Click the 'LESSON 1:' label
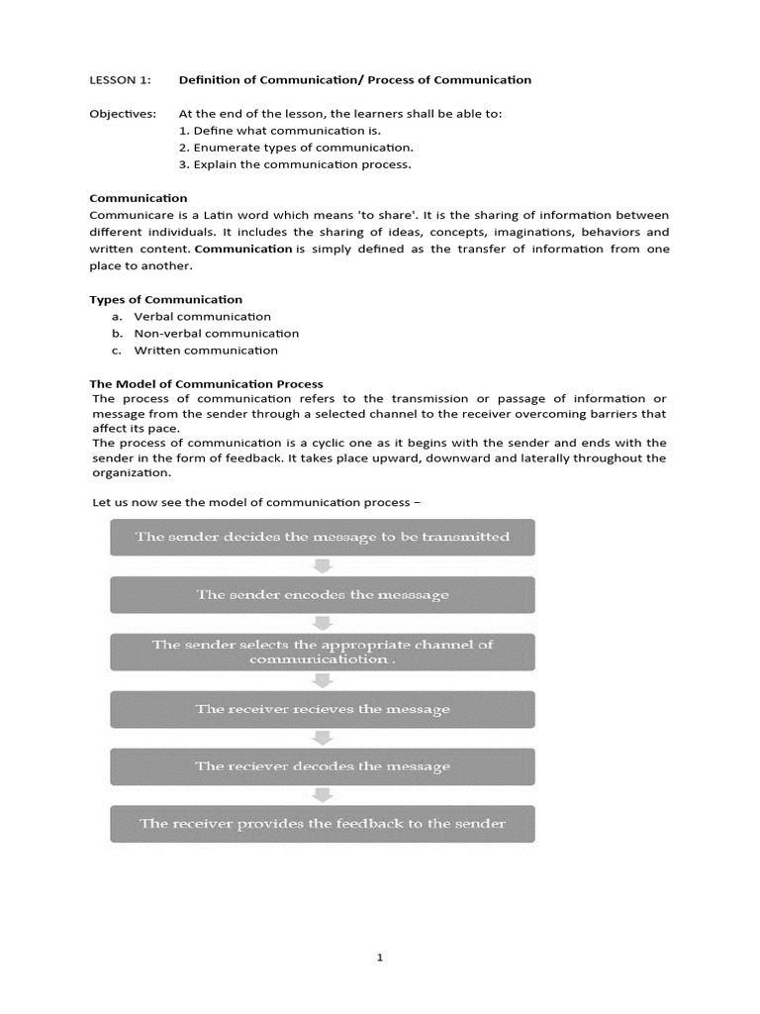coord(117,80)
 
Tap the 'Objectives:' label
coord(123,114)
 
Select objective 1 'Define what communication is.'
coord(280,131)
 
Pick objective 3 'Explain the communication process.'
coord(295,164)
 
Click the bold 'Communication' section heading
coord(138,198)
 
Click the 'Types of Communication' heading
coord(165,299)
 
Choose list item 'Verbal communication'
coord(202,316)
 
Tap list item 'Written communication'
coord(206,350)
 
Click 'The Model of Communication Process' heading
coord(206,383)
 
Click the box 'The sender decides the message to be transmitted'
coord(323,537)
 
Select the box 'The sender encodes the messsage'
coord(323,594)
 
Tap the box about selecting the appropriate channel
coord(323,652)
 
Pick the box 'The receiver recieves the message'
coord(323,709)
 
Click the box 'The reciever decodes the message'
coord(323,766)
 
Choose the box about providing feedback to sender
coord(323,823)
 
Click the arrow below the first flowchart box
coord(323,565)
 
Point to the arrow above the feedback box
coord(323,794)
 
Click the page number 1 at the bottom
coord(380,958)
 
